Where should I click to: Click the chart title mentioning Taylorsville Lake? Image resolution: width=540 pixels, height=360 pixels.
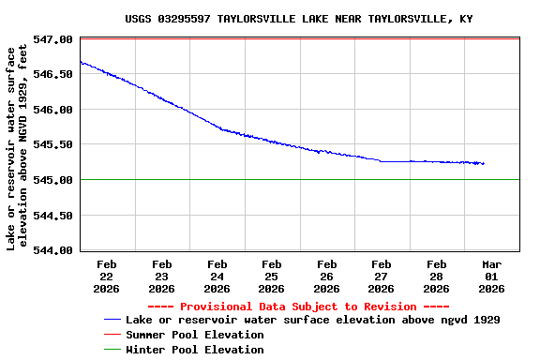pyautogui.click(x=298, y=19)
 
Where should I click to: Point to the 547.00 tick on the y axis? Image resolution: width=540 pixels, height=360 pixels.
pyautogui.click(x=53, y=39)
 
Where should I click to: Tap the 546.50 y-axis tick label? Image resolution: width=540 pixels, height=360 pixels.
pyautogui.click(x=53, y=74)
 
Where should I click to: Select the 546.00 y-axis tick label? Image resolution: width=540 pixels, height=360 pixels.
pyautogui.click(x=53, y=110)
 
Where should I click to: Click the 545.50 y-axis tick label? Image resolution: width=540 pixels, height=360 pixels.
pyautogui.click(x=53, y=144)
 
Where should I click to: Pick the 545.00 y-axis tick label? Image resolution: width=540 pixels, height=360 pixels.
pyautogui.click(x=53, y=180)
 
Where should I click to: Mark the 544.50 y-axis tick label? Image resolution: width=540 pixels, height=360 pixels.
pyautogui.click(x=53, y=215)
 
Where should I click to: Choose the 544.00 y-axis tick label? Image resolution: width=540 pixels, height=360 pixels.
pyautogui.click(x=53, y=250)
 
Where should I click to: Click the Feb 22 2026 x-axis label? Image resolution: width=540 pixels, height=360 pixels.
pyautogui.click(x=106, y=277)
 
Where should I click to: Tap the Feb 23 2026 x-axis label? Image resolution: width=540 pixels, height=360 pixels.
pyautogui.click(x=161, y=277)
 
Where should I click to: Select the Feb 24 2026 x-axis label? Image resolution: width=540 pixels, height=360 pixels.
pyautogui.click(x=217, y=277)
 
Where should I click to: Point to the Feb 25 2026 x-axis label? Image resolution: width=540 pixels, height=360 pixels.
pyautogui.click(x=271, y=277)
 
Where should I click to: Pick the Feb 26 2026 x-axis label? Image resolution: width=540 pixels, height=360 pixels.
pyautogui.click(x=326, y=277)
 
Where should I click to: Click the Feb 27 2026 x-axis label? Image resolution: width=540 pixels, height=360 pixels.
pyautogui.click(x=382, y=277)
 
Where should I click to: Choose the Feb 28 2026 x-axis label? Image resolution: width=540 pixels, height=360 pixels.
pyautogui.click(x=436, y=277)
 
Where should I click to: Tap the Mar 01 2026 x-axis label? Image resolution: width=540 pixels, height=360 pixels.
pyautogui.click(x=491, y=277)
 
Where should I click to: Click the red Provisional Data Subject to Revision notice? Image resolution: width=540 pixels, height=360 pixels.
pyautogui.click(x=298, y=307)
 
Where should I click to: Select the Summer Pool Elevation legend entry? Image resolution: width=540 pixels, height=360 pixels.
pyautogui.click(x=194, y=335)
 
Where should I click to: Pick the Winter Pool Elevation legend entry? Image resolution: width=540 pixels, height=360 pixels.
pyautogui.click(x=194, y=350)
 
